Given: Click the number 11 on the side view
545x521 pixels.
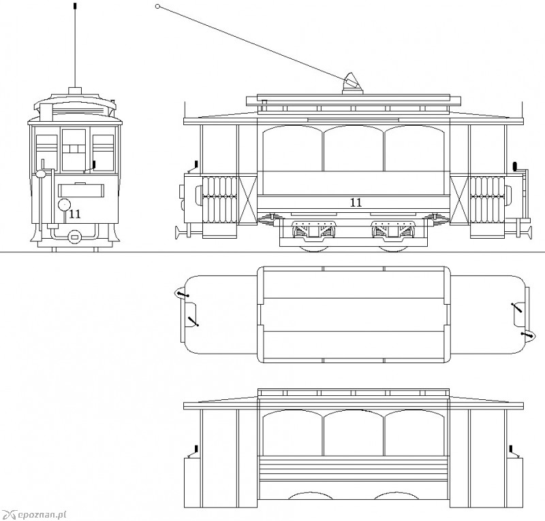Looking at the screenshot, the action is click(356, 203).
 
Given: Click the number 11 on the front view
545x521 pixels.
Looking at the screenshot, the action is click(75, 214).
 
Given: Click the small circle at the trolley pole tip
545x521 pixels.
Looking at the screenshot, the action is click(157, 6).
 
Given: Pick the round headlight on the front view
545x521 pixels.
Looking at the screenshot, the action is click(64, 205).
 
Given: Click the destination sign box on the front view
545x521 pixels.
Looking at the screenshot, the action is click(81, 190).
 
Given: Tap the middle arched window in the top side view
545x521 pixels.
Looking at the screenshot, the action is click(354, 148).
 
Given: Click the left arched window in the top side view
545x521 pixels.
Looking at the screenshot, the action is click(293, 148).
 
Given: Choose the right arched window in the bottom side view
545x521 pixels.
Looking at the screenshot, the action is click(414, 433).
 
